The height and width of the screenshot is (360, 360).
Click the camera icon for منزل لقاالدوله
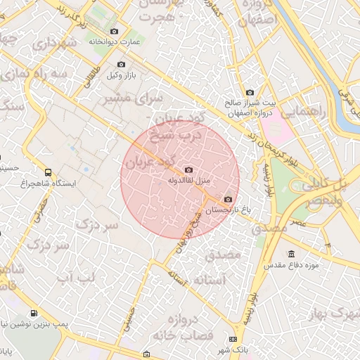pos(188,169)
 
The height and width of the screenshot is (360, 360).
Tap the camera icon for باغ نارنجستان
pos(228,199)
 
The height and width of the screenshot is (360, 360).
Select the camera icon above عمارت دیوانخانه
pos(115,31)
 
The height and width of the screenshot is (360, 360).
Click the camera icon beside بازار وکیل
pos(121,65)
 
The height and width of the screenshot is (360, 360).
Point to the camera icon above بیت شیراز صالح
pos(250,92)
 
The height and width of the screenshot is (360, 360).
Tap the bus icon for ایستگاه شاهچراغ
pos(48,172)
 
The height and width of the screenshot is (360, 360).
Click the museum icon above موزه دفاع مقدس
pos(291,254)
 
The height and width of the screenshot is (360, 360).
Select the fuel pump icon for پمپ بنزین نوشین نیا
pos(32,314)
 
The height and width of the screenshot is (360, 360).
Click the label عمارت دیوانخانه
pos(115,42)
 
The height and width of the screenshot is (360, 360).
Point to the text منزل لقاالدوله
pos(188,181)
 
